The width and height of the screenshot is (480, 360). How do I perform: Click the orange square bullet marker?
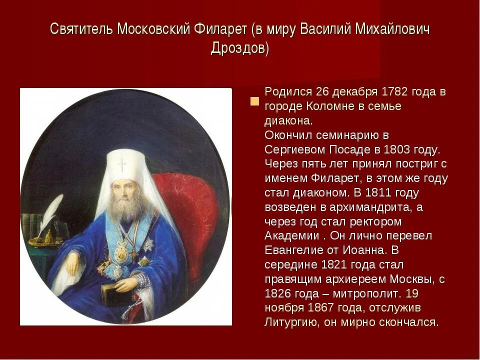click(254, 101)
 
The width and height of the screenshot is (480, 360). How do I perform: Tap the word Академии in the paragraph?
click(291, 235)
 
